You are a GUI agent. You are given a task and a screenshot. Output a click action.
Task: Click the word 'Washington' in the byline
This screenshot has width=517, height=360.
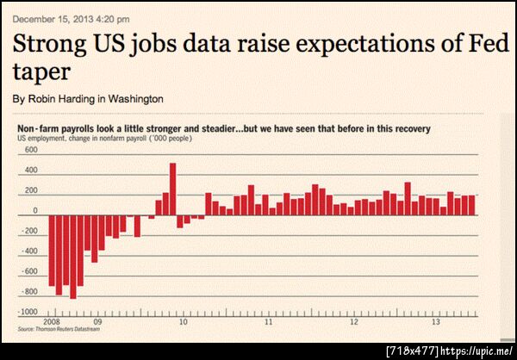point(134,99)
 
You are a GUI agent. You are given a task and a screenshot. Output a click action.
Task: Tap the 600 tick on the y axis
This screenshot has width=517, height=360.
point(31,150)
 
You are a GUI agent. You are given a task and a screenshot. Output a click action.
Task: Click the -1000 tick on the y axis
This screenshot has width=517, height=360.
point(28,313)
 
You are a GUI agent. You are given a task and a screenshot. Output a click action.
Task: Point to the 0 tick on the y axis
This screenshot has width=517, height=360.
point(35,211)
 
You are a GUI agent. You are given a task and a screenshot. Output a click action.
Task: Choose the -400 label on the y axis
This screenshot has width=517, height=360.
point(29,251)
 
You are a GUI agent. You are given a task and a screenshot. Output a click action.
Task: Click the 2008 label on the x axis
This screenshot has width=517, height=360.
point(51,322)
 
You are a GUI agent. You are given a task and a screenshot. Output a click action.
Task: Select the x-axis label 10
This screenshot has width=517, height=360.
point(183,322)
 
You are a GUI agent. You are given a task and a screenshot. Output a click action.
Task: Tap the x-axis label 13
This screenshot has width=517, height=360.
point(437,322)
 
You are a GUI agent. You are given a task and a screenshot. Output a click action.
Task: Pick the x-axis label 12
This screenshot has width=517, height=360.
point(354,322)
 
